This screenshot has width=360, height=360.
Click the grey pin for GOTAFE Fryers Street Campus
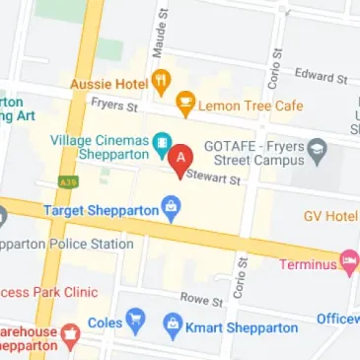[317, 151]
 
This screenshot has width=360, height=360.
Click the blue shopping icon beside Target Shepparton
[173, 208]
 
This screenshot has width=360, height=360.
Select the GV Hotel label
[330, 215]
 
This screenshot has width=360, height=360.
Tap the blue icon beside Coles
[135, 322]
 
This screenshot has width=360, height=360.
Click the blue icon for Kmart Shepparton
[174, 323]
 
